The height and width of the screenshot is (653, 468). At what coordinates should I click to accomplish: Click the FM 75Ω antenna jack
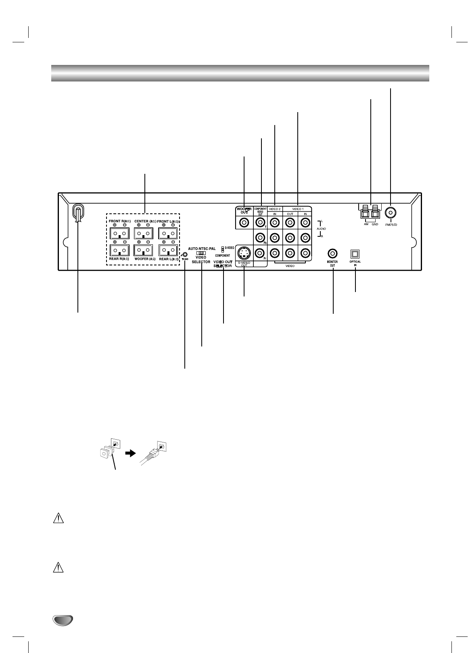(390, 213)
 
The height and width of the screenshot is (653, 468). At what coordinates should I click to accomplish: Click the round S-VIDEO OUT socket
(244, 253)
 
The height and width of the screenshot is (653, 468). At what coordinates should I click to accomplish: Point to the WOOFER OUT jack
(244, 222)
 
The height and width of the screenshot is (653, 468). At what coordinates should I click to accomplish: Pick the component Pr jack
(260, 253)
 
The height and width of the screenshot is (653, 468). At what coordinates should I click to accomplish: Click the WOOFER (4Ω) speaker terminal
(143, 251)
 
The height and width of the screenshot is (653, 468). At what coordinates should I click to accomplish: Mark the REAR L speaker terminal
(168, 251)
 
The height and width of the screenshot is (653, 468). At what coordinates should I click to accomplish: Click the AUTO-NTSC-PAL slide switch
(201, 253)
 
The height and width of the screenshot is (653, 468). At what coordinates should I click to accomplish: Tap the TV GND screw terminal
(185, 255)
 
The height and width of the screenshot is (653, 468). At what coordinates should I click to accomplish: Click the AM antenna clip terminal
(366, 211)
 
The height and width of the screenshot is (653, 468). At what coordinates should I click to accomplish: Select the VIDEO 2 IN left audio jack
(275, 222)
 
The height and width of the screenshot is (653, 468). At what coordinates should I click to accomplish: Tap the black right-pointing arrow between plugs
(130, 453)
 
